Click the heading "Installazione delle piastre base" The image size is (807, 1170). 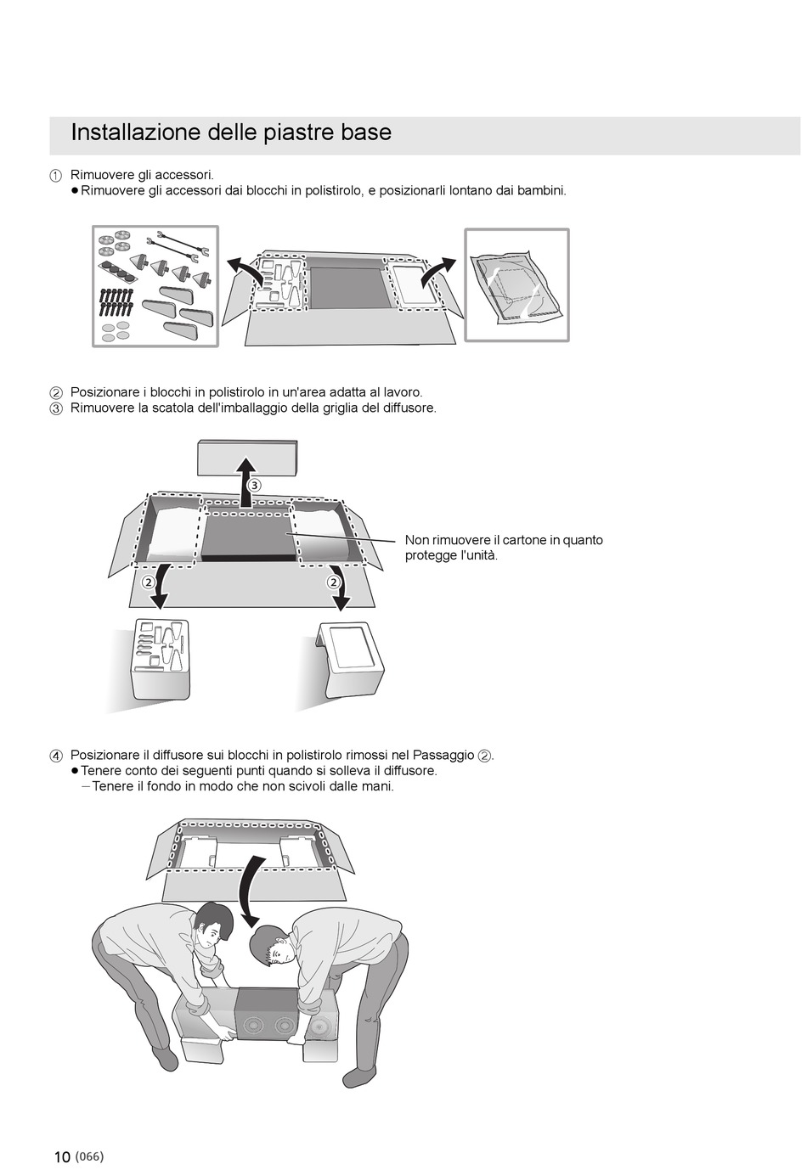[231, 133]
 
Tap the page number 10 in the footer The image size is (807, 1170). [62, 1157]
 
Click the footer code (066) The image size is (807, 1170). [89, 1156]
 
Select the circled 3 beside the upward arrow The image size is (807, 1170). [254, 485]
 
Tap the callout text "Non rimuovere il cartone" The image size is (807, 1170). [504, 540]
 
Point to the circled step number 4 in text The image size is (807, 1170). [55, 756]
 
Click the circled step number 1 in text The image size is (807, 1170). [55, 176]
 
